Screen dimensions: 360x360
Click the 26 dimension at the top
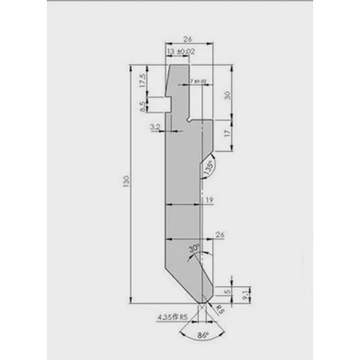coord(189,39)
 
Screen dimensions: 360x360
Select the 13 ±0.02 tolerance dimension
coord(180,52)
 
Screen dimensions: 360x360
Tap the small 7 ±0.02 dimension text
coord(198,81)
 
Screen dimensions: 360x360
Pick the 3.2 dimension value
coord(155,128)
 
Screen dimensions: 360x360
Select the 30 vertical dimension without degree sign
coord(227,95)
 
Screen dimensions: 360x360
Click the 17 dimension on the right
coord(227,133)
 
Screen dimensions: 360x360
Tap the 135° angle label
coord(208,168)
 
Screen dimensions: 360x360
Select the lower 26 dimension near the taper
coord(220,235)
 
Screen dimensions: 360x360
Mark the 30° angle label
coord(193,248)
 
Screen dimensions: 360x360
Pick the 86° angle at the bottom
coord(203,335)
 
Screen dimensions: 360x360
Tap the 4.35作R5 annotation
coord(171,318)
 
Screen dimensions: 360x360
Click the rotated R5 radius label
coord(219,309)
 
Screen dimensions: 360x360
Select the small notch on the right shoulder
coord(190,120)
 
